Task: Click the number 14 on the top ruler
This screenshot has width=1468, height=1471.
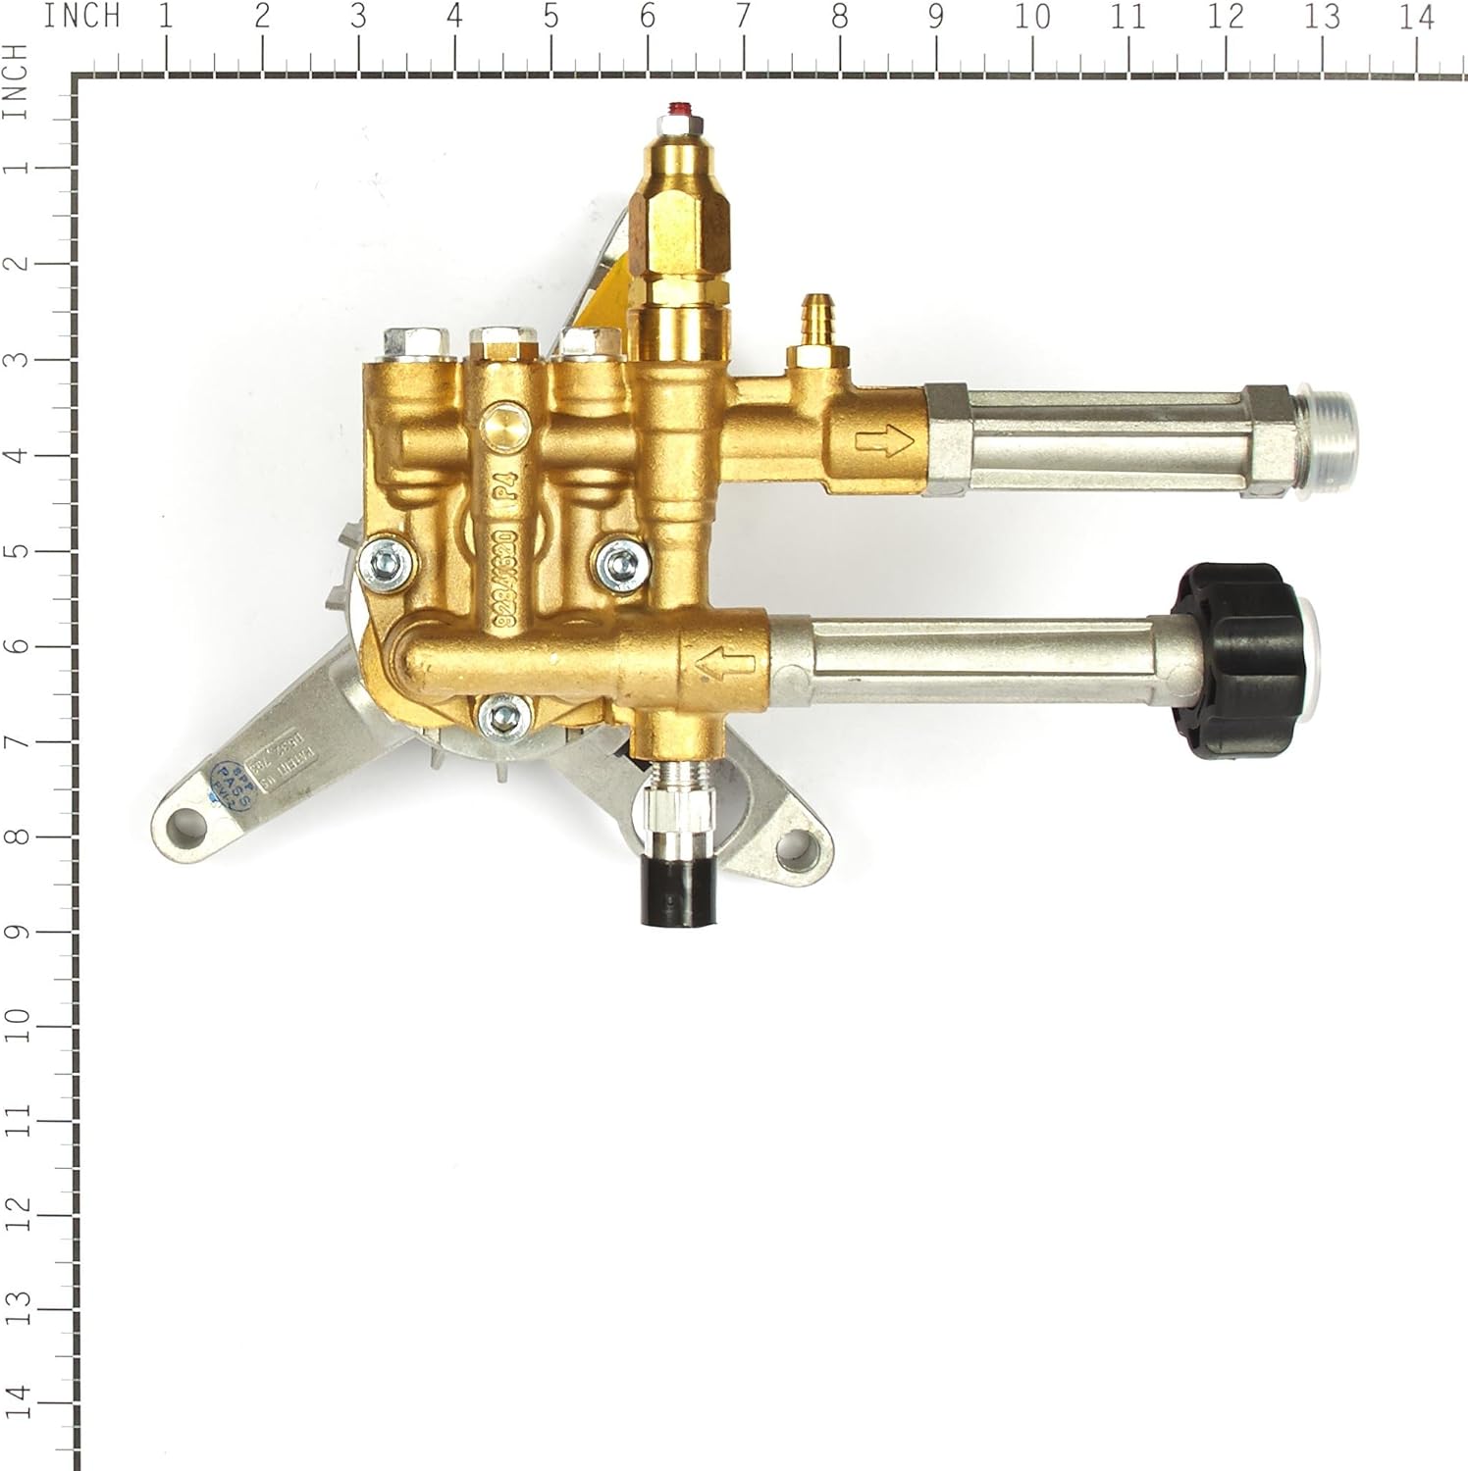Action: pyautogui.click(x=1416, y=18)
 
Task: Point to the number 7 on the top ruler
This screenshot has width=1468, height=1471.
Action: pyautogui.click(x=743, y=18)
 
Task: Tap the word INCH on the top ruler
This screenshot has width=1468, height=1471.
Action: pyautogui.click(x=82, y=18)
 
